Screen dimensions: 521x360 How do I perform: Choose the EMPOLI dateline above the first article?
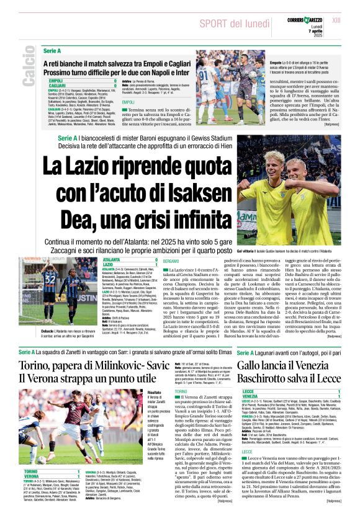[128, 102]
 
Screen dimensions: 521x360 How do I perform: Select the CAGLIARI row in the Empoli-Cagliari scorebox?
[56, 85]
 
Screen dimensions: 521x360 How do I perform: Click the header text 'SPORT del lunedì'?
[229, 23]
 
